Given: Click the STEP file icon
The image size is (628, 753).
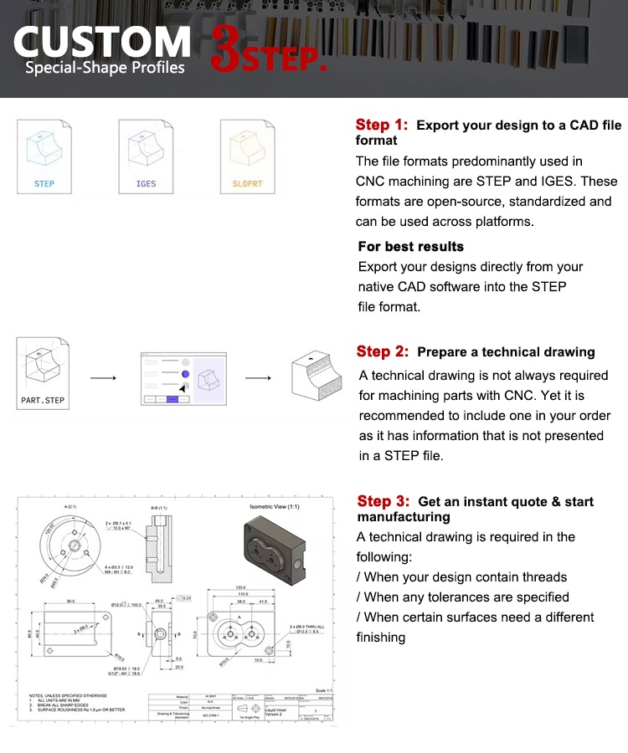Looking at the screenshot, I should pos(44,156).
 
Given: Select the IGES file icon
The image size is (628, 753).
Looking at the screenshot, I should pos(146,156).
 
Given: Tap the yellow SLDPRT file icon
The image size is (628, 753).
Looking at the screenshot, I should pos(247,156).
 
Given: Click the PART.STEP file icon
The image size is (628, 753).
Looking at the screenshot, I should pos(43,374).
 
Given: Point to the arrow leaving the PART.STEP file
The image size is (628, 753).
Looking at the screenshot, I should pos(102,378).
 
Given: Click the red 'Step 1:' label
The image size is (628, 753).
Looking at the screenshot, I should pos(382,125).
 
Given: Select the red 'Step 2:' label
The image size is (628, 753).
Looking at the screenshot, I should pos(383,351).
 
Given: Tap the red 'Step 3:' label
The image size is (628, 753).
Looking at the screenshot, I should pos(383,501).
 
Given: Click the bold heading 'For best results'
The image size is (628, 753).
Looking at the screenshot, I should pos(410,246).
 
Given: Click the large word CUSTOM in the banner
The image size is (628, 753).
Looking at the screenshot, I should pos(102,42).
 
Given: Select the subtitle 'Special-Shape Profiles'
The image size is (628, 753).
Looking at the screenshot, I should pos(105,68).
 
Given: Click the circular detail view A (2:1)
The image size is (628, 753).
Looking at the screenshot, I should pos(71,551).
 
